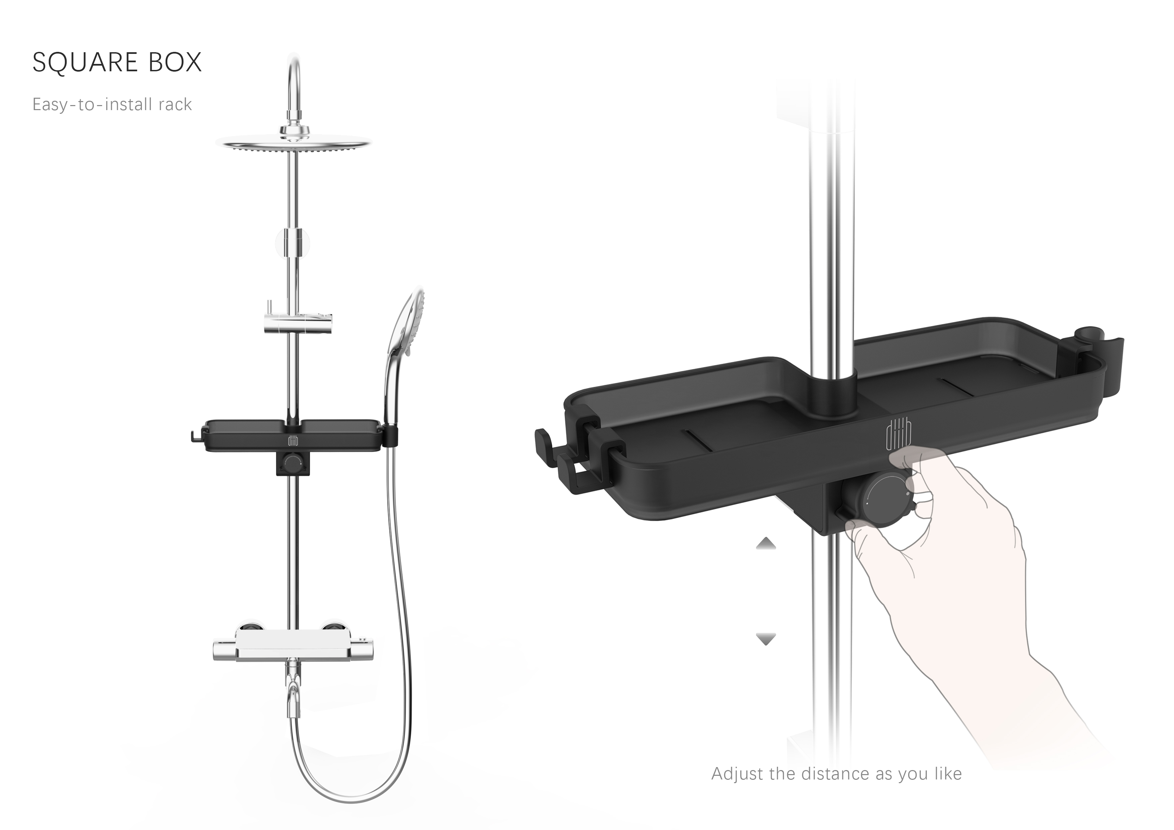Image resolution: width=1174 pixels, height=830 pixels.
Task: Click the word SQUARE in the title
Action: pos(85,62)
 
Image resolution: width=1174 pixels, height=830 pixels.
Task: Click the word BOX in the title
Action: pos(175,62)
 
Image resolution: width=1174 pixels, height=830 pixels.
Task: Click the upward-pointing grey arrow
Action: pos(766,543)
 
